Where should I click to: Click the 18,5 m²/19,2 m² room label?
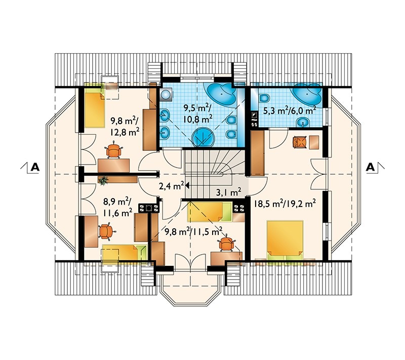coord(285,204)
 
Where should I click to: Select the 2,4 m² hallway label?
coord(171,186)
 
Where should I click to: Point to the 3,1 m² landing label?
coord(229,192)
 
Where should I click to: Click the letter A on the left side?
coord(35,167)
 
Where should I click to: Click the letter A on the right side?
coord(371,167)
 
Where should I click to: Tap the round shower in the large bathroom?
coord(204,137)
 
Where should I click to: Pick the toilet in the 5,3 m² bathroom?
coord(264,98)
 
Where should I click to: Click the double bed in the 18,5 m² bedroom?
coord(285,240)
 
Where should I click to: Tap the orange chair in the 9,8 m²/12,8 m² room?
coord(113,150)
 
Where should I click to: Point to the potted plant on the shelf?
coord(104,181)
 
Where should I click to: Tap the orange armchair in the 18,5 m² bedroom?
coord(300,142)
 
